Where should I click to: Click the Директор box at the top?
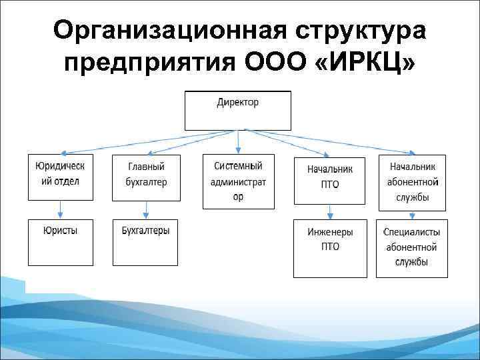click(x=238, y=110)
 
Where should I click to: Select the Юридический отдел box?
click(x=61, y=177)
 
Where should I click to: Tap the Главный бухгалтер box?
click(x=146, y=177)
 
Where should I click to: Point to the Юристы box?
click(x=61, y=242)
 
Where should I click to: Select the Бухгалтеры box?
click(x=146, y=242)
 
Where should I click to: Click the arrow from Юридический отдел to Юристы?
click(x=61, y=209)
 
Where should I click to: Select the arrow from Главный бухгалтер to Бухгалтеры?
click(x=146, y=209)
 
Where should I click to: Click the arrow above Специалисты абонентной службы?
click(x=413, y=214)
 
